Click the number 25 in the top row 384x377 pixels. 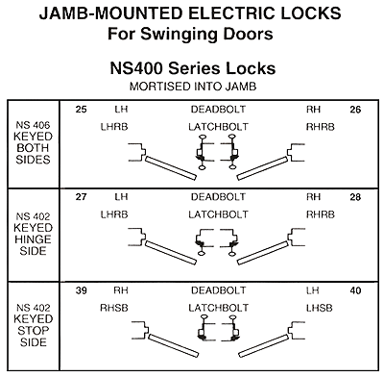click(81, 110)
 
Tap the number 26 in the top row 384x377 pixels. click(355, 110)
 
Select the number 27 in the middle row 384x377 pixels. click(81, 197)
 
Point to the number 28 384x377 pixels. click(355, 197)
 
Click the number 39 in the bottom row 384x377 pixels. click(81, 290)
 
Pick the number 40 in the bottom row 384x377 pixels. click(355, 290)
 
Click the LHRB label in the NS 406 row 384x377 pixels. click(114, 127)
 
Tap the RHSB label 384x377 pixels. click(114, 308)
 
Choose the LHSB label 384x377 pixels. click(320, 308)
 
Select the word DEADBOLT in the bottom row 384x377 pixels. click(218, 290)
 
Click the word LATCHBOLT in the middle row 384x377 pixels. click(218, 214)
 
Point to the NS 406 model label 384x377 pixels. click(33, 125)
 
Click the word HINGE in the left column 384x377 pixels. click(33, 239)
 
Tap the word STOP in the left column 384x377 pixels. click(33, 331)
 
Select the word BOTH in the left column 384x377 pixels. click(33, 148)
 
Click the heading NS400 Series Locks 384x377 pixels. click(193, 68)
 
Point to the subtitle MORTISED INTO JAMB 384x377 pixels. click(193, 87)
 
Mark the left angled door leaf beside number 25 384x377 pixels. click(171, 168)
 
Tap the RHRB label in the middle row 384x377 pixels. click(321, 214)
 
